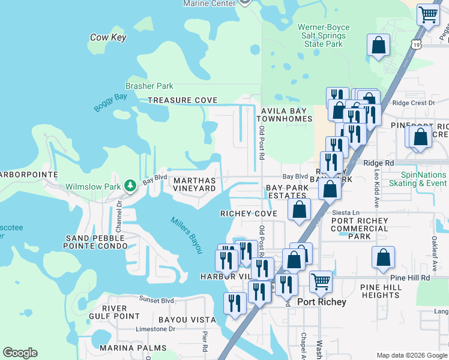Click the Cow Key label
tap(108, 37)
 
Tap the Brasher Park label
tap(149, 86)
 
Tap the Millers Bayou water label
tap(185, 235)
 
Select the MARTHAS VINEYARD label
tap(194, 184)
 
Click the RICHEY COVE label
tap(249, 214)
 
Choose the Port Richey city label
tap(322, 302)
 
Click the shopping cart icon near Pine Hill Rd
tap(321, 280)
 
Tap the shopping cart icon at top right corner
tap(427, 13)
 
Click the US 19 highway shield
tap(416, 44)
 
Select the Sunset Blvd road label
tap(157, 300)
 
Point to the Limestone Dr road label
tap(156, 329)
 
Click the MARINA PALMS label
tap(133, 348)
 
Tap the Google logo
tap(20, 353)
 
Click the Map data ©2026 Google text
tap(412, 355)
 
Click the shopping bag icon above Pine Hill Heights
tap(383, 257)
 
